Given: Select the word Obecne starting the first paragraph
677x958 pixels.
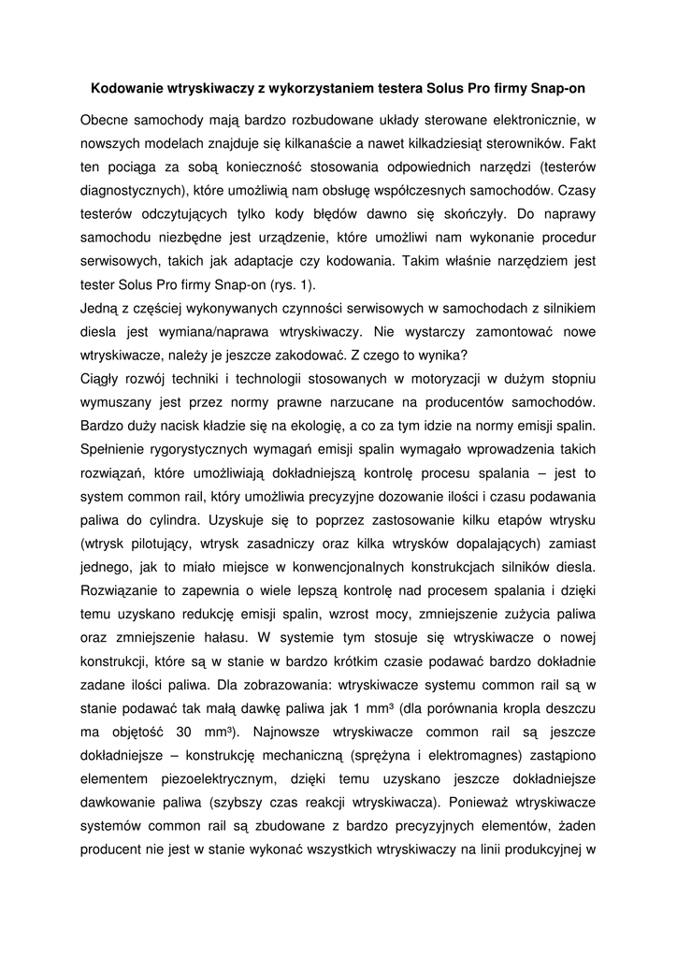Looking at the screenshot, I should [106, 120].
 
